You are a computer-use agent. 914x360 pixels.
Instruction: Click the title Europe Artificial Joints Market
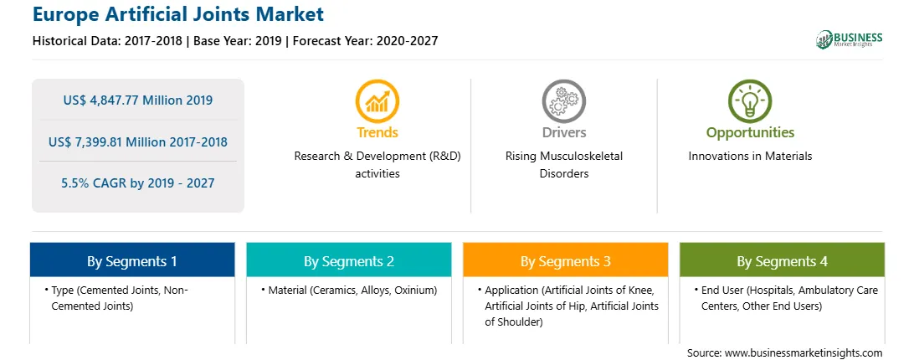[x=178, y=14]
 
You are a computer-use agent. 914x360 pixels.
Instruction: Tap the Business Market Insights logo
[x=850, y=39]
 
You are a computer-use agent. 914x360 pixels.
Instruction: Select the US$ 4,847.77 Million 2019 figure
[x=138, y=100]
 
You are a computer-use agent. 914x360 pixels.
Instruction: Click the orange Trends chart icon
[x=377, y=101]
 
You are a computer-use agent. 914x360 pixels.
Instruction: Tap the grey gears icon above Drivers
[x=563, y=101]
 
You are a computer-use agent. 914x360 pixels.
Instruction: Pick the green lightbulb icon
[x=750, y=101]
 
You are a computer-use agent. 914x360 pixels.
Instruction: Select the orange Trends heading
[x=377, y=132]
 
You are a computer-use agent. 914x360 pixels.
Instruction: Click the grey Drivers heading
[x=564, y=132]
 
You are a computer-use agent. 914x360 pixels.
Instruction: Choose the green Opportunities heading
[x=750, y=132]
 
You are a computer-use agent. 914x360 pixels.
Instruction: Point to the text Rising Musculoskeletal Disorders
[x=564, y=165]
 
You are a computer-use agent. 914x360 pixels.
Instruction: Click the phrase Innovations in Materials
[x=750, y=157]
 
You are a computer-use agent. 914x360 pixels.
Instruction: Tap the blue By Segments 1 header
[x=132, y=260]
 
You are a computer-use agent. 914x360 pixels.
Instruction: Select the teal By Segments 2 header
[x=349, y=260]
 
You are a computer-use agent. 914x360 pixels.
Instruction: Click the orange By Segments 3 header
[x=566, y=260]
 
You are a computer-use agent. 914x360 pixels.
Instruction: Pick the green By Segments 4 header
[x=783, y=260]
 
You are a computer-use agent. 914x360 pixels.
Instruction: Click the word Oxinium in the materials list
[x=413, y=290]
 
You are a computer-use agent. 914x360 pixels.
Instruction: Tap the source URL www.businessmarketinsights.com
[x=804, y=353]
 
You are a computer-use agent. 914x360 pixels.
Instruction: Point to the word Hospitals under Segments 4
[x=771, y=290]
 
